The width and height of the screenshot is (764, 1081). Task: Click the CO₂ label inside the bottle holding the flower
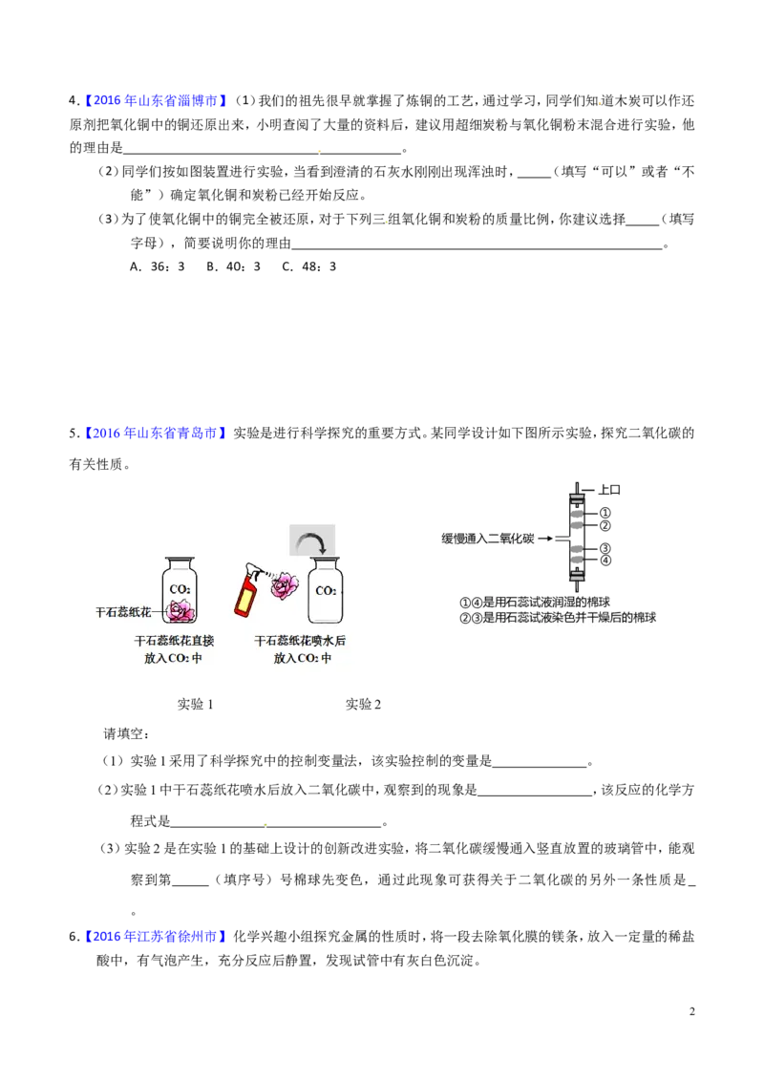pos(180,589)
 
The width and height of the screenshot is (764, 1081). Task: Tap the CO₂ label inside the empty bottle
pos(326,591)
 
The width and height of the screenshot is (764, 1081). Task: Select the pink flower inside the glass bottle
pos(180,610)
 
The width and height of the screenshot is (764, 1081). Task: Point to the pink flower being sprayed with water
pos(284,585)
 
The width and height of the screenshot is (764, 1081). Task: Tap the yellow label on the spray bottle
pos(248,600)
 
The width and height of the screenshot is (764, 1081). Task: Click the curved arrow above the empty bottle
pos(312,541)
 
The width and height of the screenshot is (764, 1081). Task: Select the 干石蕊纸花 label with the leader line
pos(122,611)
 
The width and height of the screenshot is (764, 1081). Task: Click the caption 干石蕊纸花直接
pos(174,641)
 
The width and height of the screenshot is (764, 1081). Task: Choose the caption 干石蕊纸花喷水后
pos(300,641)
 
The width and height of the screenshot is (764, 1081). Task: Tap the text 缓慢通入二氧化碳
pos(487,539)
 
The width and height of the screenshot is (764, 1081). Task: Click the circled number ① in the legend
pos(466,603)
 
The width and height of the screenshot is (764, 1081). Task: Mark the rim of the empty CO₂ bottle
pos(326,562)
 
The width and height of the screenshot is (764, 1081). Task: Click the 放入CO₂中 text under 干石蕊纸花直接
pos(173,658)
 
